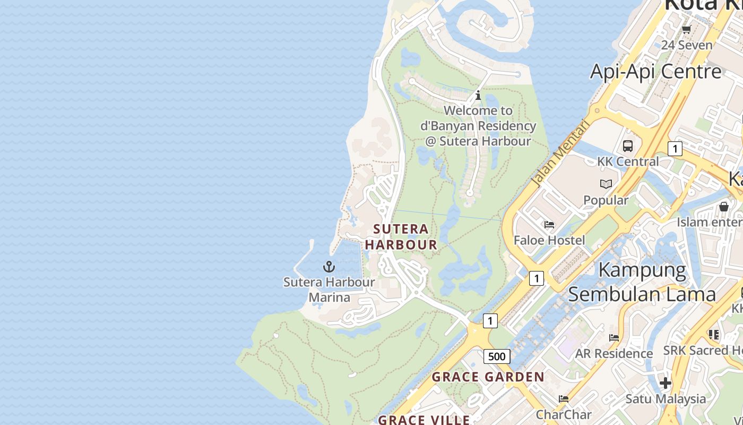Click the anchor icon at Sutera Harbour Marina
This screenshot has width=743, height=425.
click(x=329, y=267)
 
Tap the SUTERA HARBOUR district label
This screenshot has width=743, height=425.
click(x=401, y=237)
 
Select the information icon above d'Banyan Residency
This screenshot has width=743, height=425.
click(x=478, y=96)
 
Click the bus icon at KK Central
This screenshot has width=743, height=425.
click(x=628, y=146)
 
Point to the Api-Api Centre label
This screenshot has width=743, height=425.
click(x=655, y=71)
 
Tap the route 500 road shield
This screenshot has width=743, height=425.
click(x=497, y=356)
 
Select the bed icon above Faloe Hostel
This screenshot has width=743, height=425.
click(x=549, y=225)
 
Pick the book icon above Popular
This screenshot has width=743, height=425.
click(x=606, y=184)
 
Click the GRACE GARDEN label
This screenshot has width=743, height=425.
click(x=488, y=377)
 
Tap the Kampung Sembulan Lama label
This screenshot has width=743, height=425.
click(x=642, y=282)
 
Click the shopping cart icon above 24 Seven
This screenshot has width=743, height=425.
click(x=686, y=30)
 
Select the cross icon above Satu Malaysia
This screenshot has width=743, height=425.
click(x=665, y=382)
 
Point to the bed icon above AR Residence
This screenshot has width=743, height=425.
click(x=614, y=337)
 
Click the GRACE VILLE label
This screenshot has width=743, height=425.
click(x=424, y=420)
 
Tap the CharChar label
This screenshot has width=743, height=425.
click(x=564, y=414)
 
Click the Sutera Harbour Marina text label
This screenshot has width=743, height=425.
click(x=329, y=290)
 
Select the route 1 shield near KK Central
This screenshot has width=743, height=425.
click(x=675, y=149)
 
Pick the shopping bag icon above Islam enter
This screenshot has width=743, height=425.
click(x=724, y=206)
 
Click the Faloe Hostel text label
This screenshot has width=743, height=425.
click(x=549, y=240)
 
